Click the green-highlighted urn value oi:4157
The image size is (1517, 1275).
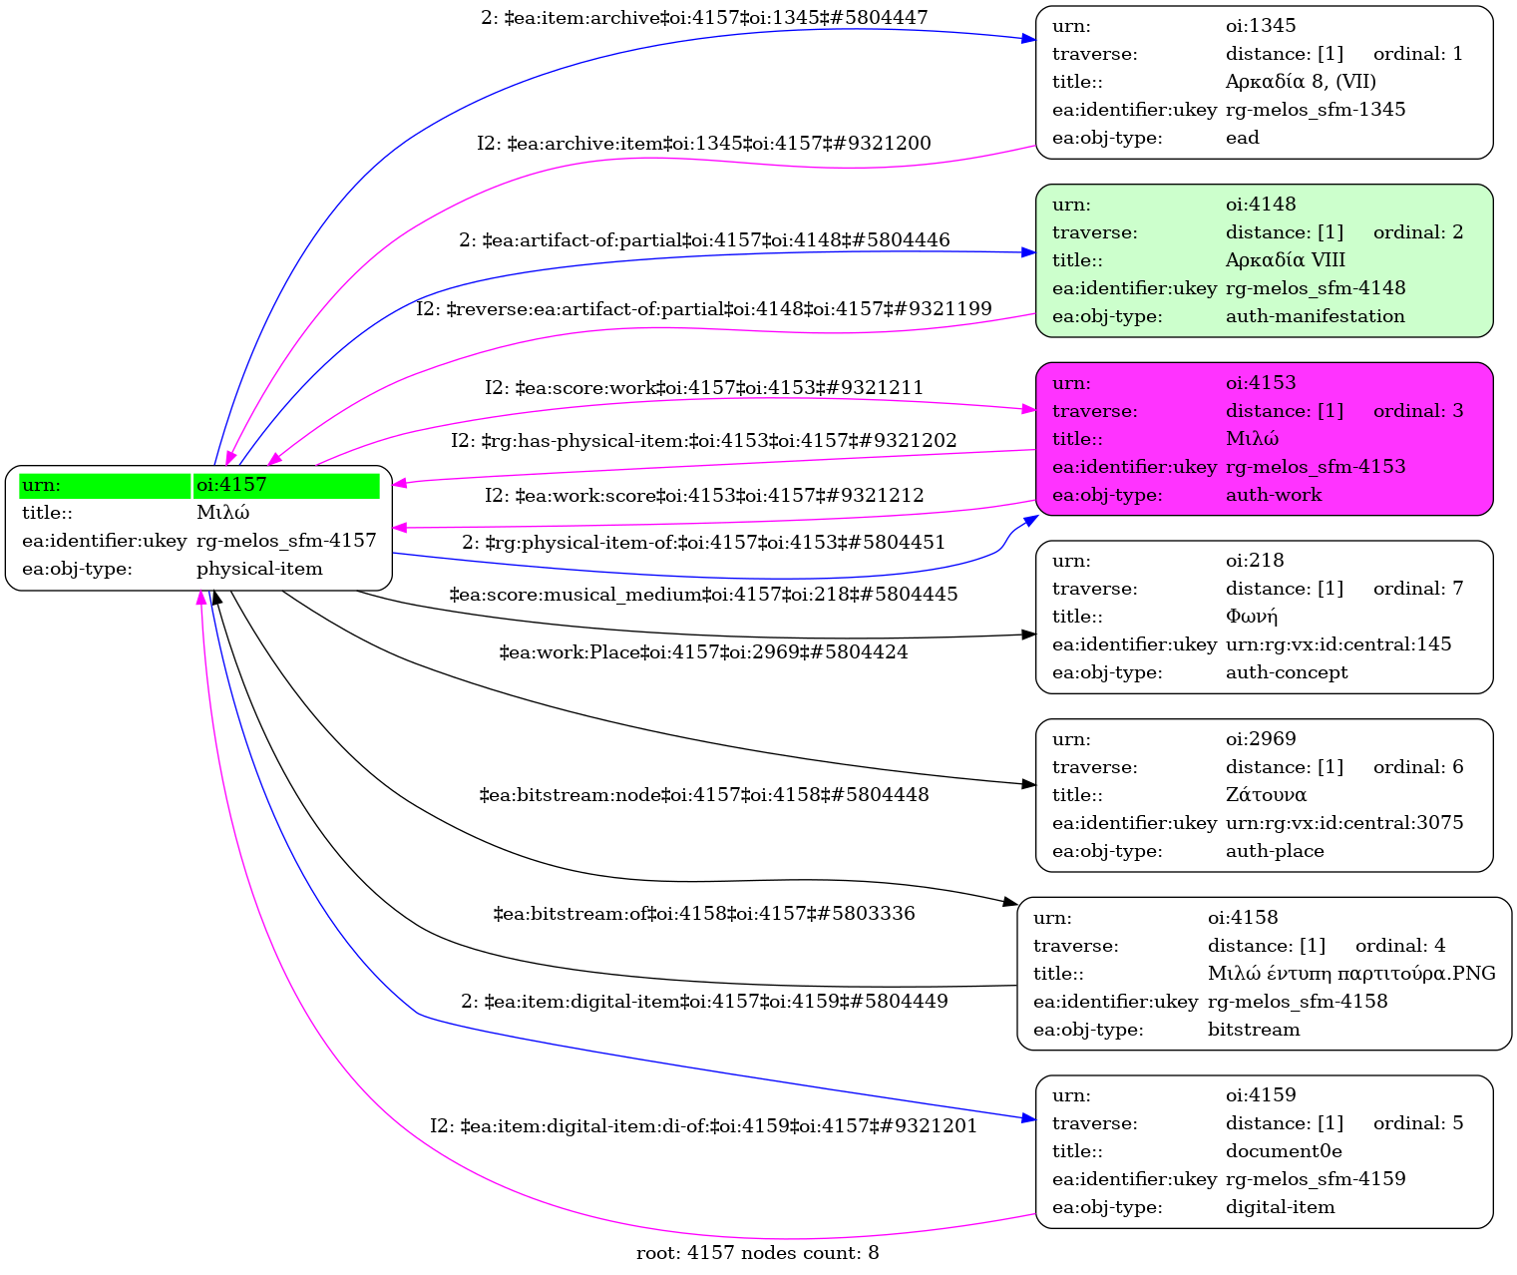[x=231, y=486]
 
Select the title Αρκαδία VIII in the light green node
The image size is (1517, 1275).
[x=1285, y=260]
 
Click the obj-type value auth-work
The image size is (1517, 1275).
[x=1273, y=495]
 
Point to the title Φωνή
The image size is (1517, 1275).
[x=1251, y=617]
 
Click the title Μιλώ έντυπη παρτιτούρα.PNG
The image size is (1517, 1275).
[x=1350, y=974]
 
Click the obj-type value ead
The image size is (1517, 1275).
[x=1242, y=138]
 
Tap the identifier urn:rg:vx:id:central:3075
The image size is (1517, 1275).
[x=1343, y=823]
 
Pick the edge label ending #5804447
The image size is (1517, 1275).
[x=704, y=18]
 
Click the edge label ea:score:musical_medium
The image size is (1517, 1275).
[x=703, y=595]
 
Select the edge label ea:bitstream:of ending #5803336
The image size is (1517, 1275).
[x=703, y=914]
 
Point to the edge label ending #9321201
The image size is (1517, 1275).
[x=703, y=1126]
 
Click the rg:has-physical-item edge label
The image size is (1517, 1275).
[x=703, y=441]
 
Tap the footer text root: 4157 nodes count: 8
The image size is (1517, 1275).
[x=757, y=1253]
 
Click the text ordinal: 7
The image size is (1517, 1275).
[x=1417, y=589]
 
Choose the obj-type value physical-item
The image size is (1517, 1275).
[x=259, y=569]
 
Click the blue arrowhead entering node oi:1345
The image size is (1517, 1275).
[x=1028, y=39]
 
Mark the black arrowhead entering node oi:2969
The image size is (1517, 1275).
[x=1029, y=785]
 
